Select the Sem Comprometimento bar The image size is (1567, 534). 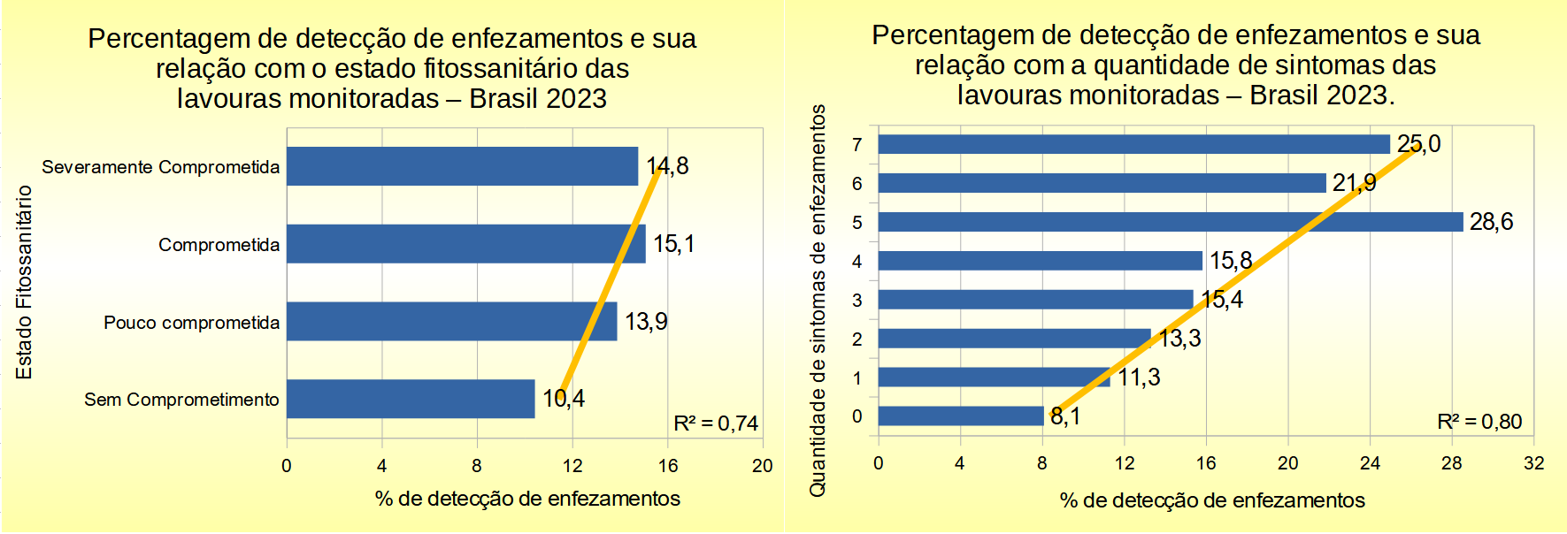tap(411, 399)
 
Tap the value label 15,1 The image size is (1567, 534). tap(674, 244)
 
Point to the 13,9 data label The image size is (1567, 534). tap(646, 322)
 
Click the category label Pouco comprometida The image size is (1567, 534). tap(191, 323)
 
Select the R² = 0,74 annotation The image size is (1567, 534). tap(716, 423)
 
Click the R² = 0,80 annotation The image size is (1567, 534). tap(1479, 422)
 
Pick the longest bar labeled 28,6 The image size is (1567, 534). tap(1170, 222)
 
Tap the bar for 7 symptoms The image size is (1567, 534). tap(1133, 144)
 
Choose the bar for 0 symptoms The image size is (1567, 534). tap(960, 416)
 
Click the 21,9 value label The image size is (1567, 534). tap(1355, 183)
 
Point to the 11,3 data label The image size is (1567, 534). tap(1139, 378)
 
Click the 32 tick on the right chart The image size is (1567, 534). tap(1533, 463)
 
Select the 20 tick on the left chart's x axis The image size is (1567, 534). tap(762, 466)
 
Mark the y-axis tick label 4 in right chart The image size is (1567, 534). tap(856, 262)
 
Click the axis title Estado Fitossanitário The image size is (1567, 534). tap(24, 282)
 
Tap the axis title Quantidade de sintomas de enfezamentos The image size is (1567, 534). tap(818, 301)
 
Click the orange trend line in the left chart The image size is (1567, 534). tap(611, 278)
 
